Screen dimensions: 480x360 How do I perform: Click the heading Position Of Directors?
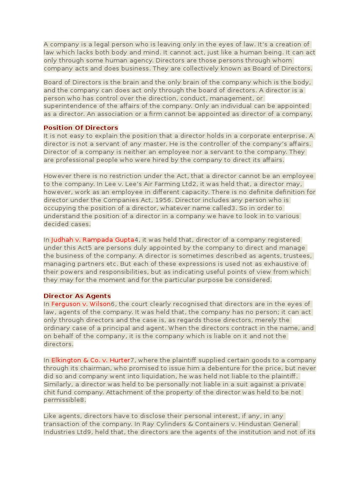coord(81,127)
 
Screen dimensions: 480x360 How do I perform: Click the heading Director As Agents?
coord(77,296)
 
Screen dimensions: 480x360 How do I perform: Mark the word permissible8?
coord(65,400)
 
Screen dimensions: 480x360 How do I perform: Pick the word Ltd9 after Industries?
coord(84,432)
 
